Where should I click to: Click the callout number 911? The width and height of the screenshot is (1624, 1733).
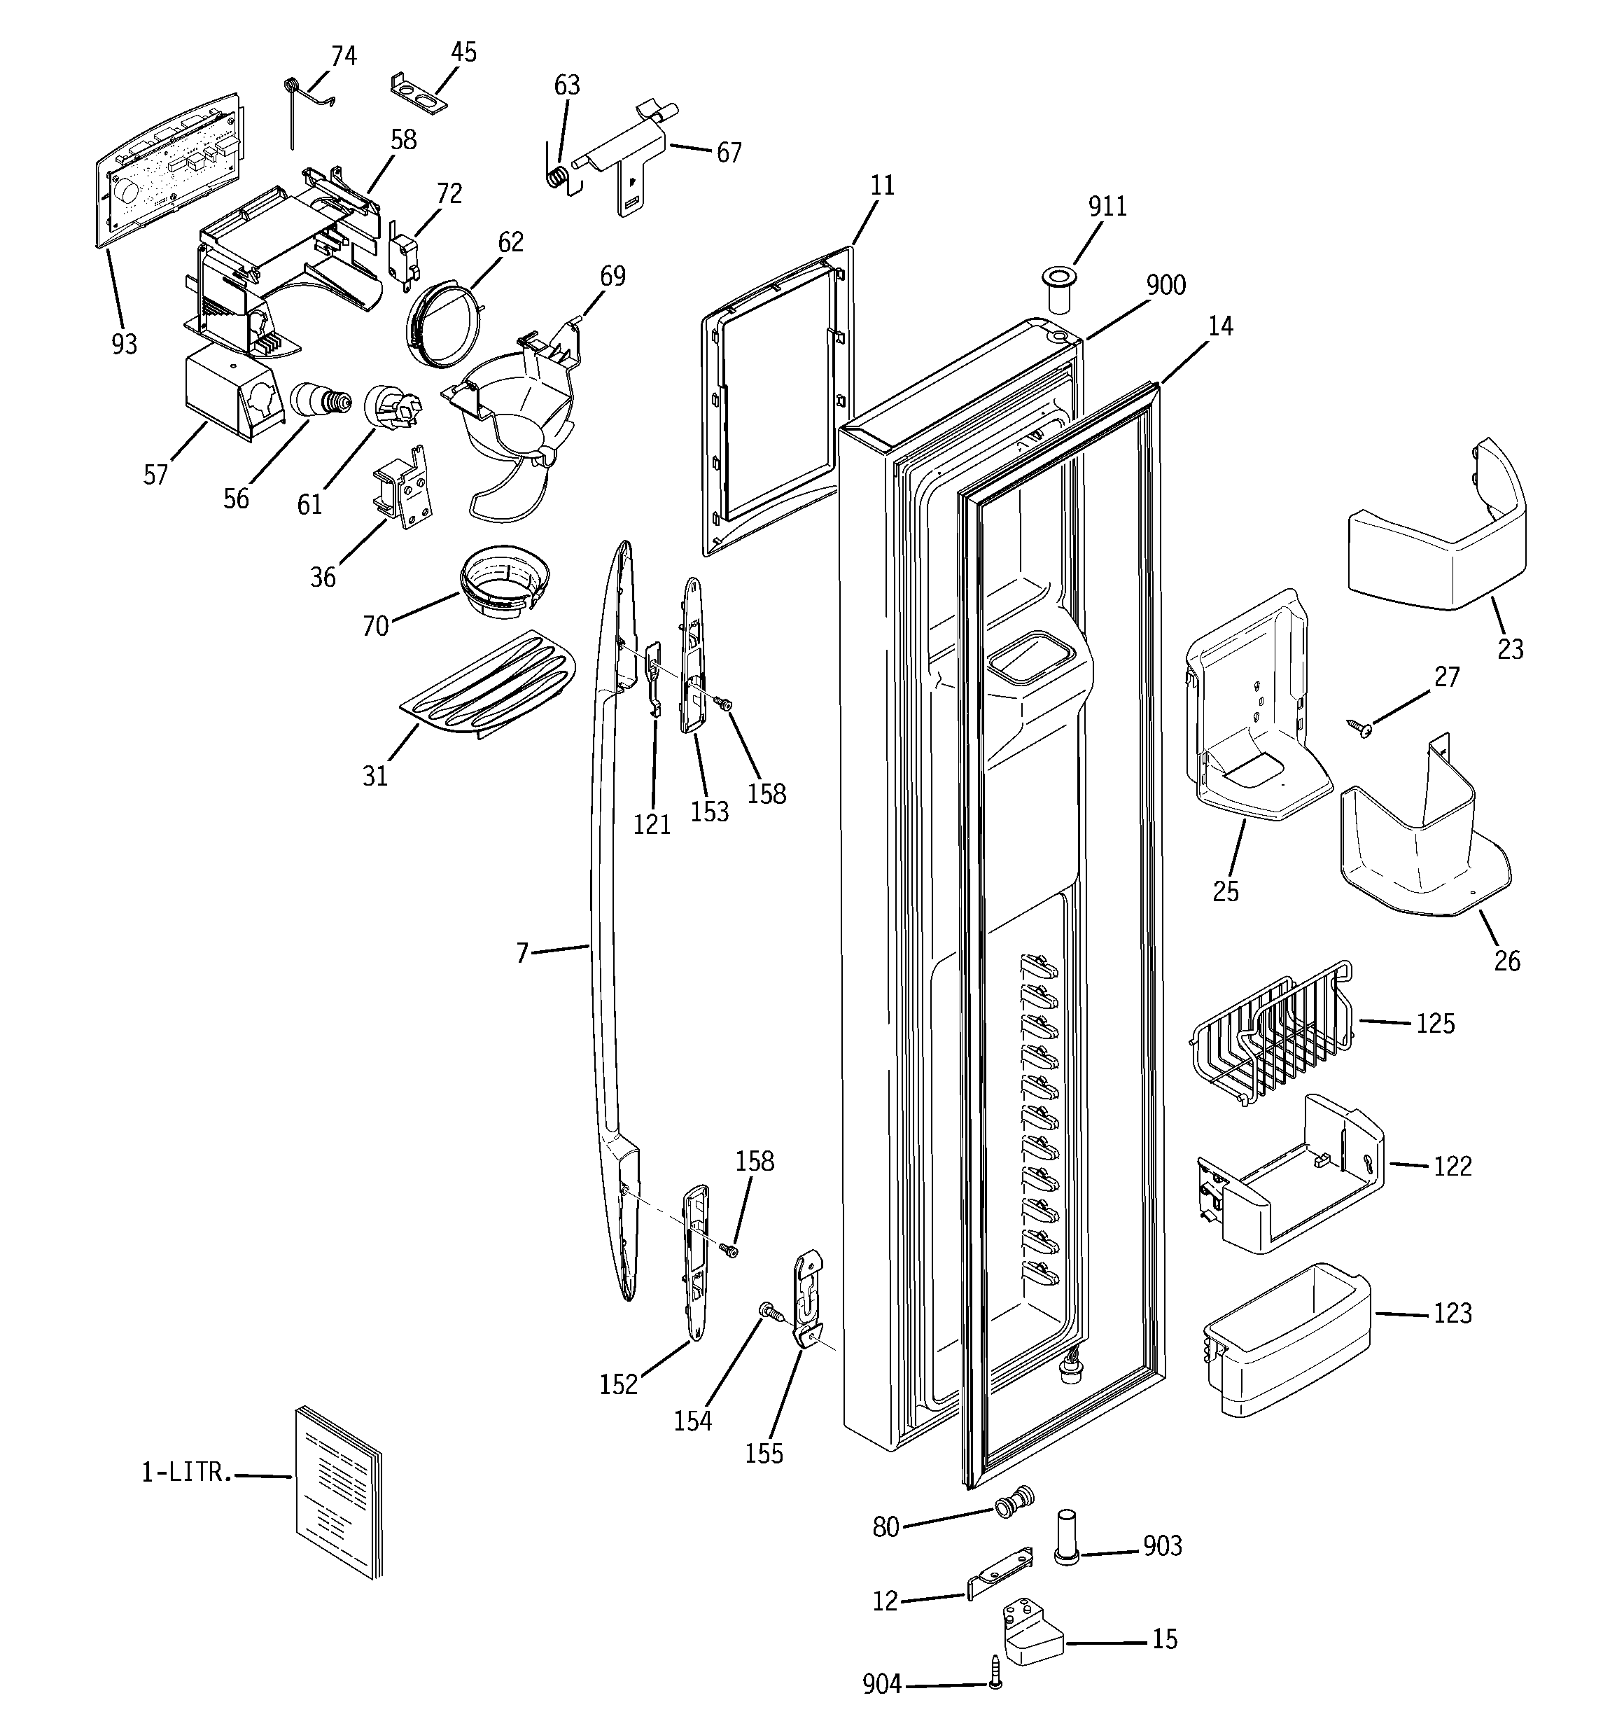tap(1107, 207)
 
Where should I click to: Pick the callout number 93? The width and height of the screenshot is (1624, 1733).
tap(124, 344)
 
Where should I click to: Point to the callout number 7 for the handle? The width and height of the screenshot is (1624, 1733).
tap(522, 953)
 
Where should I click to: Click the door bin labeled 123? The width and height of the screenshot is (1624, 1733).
tap(1286, 1339)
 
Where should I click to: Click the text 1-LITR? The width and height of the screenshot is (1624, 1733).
tap(186, 1473)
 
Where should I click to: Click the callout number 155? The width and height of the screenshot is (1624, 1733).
tap(764, 1454)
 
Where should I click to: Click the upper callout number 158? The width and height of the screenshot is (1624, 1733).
tap(766, 794)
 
